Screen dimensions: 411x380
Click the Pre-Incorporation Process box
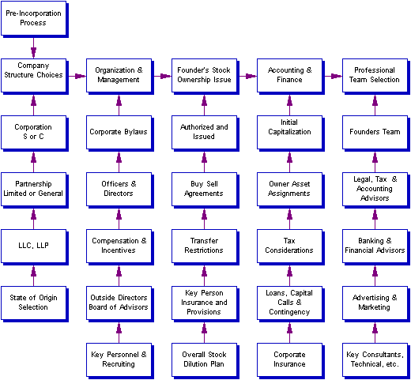click(33, 18)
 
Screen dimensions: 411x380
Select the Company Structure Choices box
click(33, 75)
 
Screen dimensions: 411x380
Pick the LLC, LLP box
click(33, 246)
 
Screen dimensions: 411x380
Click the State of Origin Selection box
click(33, 303)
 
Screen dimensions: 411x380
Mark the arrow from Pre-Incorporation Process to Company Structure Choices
click(33, 48)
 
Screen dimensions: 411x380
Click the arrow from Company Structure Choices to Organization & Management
click(77, 76)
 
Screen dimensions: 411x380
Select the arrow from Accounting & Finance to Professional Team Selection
click(334, 76)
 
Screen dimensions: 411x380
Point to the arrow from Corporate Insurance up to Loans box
click(289, 333)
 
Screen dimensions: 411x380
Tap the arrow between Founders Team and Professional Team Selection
click(375, 105)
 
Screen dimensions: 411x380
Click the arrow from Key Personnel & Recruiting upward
click(119, 333)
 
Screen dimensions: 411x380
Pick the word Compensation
click(115, 241)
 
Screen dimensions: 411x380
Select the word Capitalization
click(289, 132)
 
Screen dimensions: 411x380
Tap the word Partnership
click(33, 184)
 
